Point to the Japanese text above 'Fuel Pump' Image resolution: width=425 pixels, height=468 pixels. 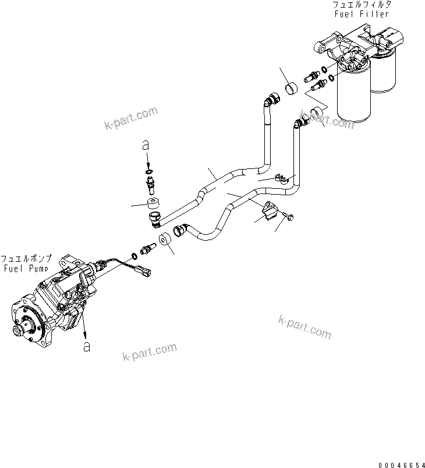point(26,259)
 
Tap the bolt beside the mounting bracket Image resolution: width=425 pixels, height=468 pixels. point(288,217)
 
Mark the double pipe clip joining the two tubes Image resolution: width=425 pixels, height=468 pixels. point(281,178)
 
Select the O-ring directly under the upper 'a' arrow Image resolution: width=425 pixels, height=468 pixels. point(149,170)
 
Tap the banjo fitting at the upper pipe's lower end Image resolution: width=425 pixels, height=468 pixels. point(156,220)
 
